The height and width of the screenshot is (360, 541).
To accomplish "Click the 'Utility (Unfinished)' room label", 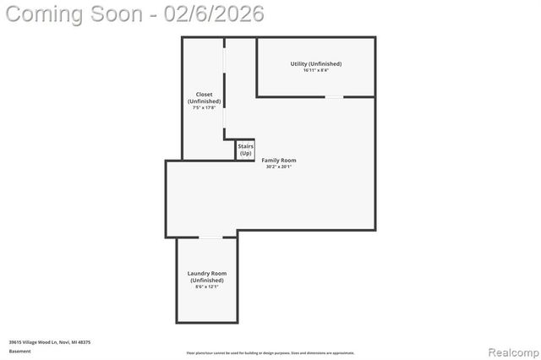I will [x=315, y=63].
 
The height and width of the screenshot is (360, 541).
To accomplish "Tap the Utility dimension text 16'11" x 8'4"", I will [x=315, y=70].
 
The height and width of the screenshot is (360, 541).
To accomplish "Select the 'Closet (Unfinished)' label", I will [x=204, y=97].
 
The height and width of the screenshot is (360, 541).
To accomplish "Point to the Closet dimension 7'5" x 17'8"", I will [x=204, y=107].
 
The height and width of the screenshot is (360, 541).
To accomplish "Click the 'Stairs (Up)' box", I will [x=245, y=150].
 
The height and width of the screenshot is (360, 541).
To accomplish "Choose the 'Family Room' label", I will [x=278, y=160].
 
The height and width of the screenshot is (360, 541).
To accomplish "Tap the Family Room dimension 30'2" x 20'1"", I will [x=278, y=166].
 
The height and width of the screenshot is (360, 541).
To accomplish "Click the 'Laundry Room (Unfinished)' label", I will [x=206, y=276].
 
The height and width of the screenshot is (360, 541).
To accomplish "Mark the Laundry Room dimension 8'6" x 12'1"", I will [x=206, y=286].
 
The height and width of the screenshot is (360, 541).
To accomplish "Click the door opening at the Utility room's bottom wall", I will [x=335, y=96].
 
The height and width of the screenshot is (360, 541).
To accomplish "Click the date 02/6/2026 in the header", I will [x=217, y=14].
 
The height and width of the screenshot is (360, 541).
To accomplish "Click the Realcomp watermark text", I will [x=510, y=350].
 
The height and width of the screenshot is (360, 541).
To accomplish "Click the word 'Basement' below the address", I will [x=19, y=351].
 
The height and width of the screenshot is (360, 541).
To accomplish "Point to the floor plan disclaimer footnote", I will [x=270, y=353].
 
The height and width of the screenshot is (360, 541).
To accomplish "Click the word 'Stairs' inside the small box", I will [x=245, y=146].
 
